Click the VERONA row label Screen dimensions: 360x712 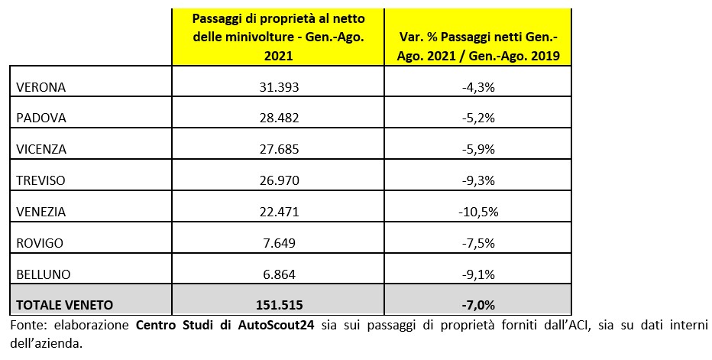tap(41, 87)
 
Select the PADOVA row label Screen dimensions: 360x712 tap(42, 118)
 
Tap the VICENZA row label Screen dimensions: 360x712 tap(42, 150)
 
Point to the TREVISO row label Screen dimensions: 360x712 tap(42, 180)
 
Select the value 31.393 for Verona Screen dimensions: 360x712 tap(278, 87)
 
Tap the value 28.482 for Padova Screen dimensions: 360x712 tap(278, 118)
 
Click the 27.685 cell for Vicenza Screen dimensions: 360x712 tap(278, 150)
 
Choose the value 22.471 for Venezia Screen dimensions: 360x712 tap(278, 212)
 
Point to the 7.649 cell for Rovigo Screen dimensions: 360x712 tap(278, 243)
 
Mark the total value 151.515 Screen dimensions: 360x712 tap(278, 304)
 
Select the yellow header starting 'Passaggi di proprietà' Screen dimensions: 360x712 tap(278, 37)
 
